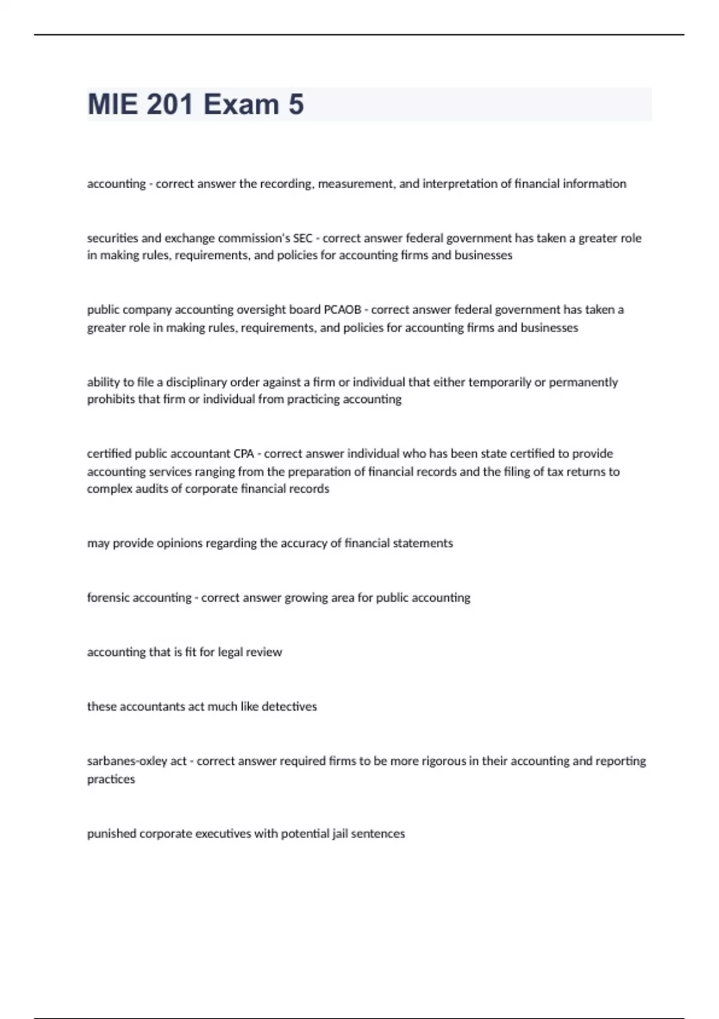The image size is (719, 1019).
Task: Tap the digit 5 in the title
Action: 296,104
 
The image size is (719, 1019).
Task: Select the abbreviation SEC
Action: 303,239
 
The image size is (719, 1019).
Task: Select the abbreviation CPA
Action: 244,454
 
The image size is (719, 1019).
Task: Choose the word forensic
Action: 108,598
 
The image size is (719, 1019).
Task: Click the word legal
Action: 230,652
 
